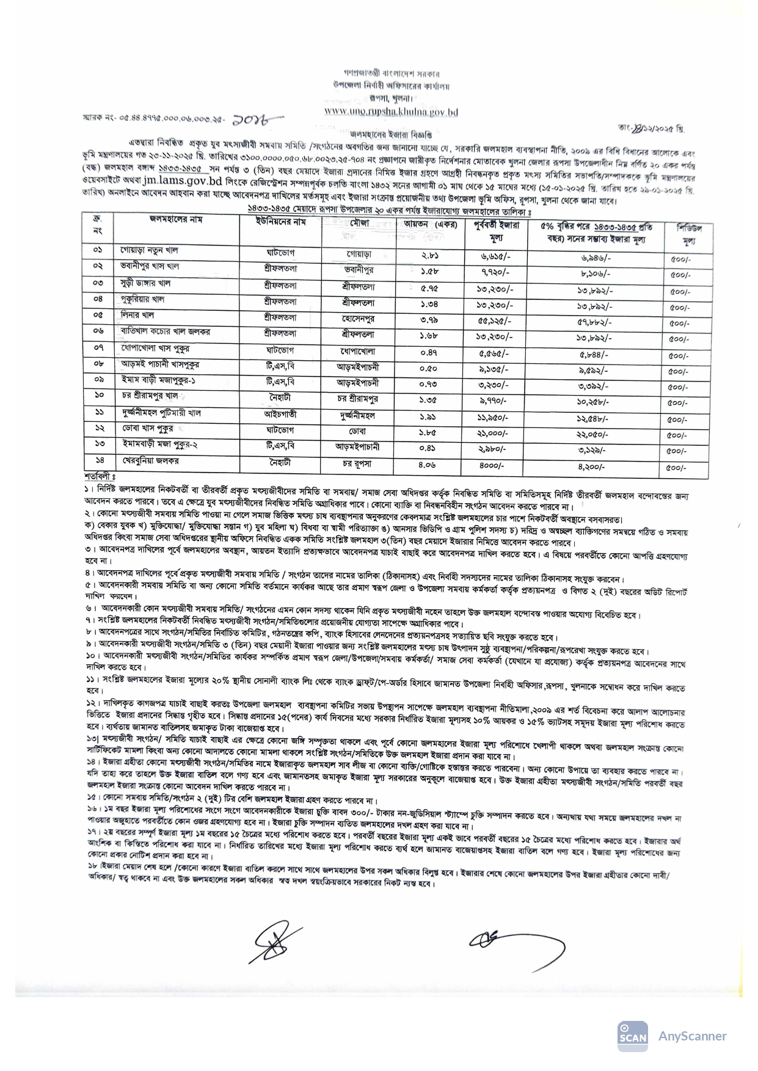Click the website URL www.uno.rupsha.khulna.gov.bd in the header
click(391, 112)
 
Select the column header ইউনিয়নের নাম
click(280, 222)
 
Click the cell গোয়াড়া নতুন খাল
click(149, 250)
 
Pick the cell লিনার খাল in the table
click(137, 315)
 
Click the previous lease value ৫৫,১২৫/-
click(492, 321)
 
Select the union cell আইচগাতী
click(280, 413)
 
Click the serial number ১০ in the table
click(98, 396)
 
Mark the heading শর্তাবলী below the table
click(100, 476)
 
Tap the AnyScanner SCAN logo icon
click(633, 1036)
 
